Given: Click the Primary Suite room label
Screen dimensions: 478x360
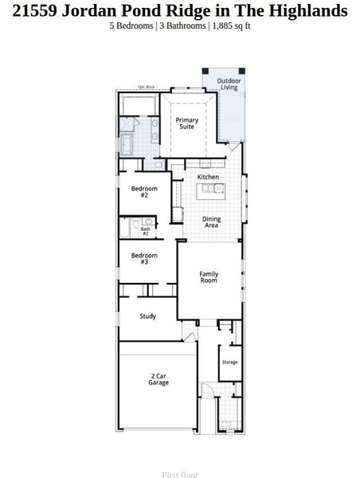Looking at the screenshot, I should (x=186, y=123).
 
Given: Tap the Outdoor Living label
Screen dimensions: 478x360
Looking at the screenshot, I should (x=229, y=84).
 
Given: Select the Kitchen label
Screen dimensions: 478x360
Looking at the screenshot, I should (x=208, y=177).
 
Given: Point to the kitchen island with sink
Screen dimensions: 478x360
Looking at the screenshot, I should (x=211, y=190).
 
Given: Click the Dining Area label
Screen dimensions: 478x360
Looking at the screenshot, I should (x=211, y=222).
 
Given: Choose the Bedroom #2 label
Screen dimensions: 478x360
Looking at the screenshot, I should (x=144, y=192).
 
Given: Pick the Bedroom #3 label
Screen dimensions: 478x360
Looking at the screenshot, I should (x=144, y=259).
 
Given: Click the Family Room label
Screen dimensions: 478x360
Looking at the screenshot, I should (x=209, y=278).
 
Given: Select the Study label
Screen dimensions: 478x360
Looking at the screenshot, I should (x=147, y=316).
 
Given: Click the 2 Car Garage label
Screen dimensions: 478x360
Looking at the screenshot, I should (x=158, y=379).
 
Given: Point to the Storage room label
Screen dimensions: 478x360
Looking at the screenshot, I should (x=229, y=362).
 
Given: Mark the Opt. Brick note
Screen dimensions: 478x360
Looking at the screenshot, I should (x=146, y=87).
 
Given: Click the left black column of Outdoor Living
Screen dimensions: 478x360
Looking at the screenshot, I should (x=205, y=72).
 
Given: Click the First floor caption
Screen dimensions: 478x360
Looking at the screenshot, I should (x=180, y=474).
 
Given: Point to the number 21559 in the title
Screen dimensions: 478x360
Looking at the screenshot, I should (x=34, y=10).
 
